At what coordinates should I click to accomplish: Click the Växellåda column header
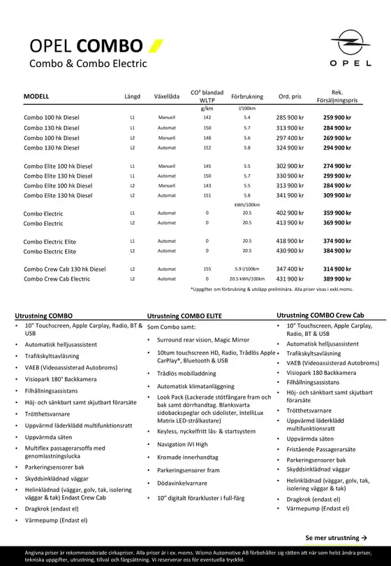[166, 96]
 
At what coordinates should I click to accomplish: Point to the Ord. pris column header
[290, 96]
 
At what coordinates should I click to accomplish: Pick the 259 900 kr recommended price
[337, 118]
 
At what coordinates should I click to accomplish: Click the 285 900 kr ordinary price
[290, 118]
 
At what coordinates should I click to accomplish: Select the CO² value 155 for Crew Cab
[207, 269]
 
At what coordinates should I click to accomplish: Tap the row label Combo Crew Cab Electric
[57, 279]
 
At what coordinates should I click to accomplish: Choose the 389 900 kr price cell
[337, 278]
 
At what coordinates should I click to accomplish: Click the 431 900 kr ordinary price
[290, 278]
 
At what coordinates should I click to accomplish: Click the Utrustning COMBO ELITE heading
[184, 316]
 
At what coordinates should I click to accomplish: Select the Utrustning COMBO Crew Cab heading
[320, 316]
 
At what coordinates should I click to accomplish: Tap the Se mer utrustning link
[336, 537]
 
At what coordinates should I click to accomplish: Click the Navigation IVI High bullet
[182, 444]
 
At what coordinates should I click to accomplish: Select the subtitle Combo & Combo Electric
[87, 64]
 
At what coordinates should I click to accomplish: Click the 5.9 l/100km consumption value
[246, 269]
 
